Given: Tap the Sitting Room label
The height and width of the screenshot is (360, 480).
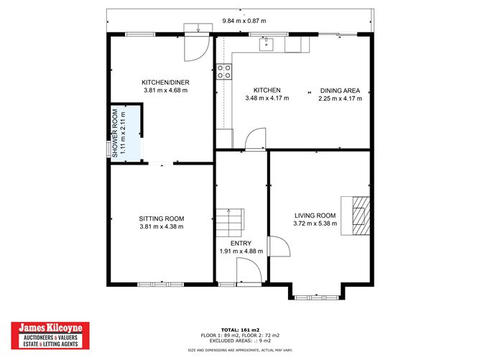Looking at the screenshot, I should (x=162, y=218).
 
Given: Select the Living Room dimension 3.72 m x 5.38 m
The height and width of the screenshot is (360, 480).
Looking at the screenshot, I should (x=315, y=223).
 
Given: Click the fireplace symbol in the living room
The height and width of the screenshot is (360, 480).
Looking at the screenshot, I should (x=360, y=214).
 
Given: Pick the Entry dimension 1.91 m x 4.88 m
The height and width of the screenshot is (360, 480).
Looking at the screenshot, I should (x=241, y=251).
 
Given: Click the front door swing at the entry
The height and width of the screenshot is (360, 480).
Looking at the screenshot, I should (x=247, y=272).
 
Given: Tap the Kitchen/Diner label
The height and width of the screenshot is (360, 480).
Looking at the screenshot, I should (x=165, y=82).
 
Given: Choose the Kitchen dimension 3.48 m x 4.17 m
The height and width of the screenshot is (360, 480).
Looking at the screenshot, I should (x=267, y=98).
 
